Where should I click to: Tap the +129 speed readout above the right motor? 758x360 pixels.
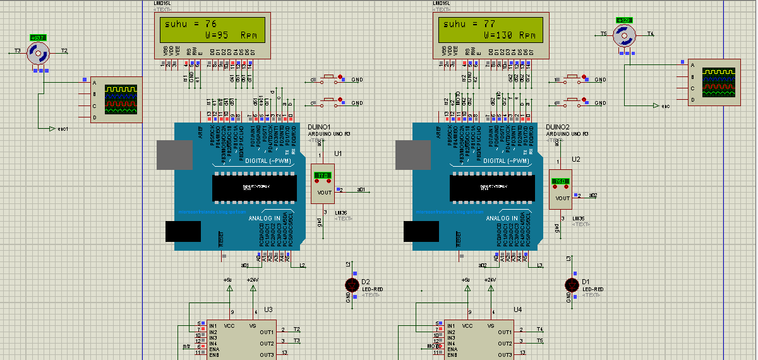(x=624, y=20)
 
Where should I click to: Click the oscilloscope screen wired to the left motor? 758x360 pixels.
(x=121, y=99)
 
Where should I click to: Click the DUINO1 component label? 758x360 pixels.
(x=319, y=127)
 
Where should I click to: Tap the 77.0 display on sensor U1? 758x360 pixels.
(x=323, y=176)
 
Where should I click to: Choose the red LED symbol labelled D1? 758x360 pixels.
(x=572, y=285)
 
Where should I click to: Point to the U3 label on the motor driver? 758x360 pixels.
(x=268, y=309)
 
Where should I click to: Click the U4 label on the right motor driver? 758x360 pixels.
(x=518, y=309)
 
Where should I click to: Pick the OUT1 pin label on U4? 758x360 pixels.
(x=505, y=332)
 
